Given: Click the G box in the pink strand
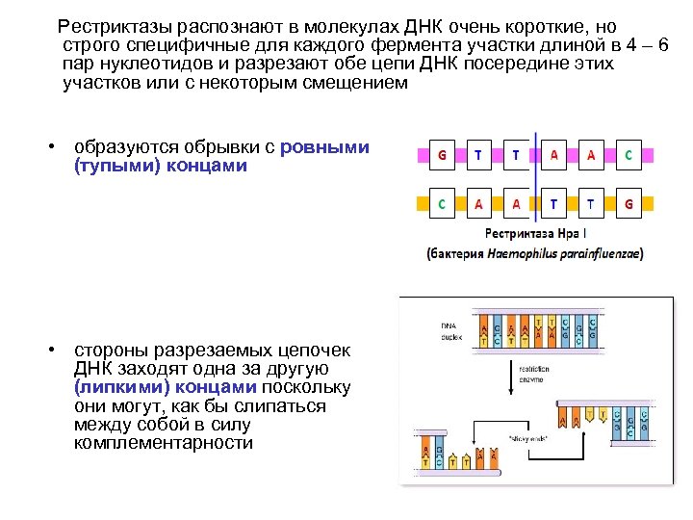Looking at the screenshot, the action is (442, 153).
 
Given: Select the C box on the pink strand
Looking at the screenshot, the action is (628, 153).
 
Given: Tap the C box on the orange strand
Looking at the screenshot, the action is (442, 203).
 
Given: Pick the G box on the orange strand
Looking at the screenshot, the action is (628, 203).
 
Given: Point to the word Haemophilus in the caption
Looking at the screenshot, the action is (522, 254).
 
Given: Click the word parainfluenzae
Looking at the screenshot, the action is (600, 254).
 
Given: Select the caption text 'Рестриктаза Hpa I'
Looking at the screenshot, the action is (532, 233).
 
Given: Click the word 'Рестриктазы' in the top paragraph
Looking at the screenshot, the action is (108, 26).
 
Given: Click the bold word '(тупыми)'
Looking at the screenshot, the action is (107, 166).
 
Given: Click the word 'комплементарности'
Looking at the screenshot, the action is (163, 443).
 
